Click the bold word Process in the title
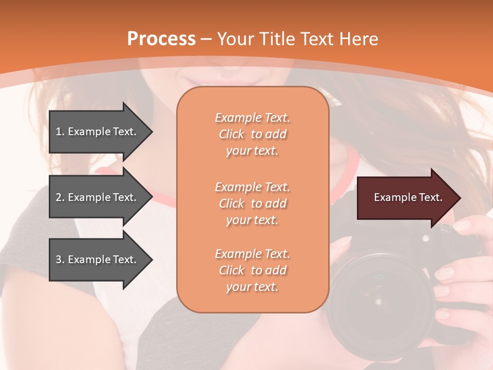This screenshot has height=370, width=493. coord(161,39)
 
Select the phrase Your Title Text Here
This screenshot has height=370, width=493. coord(297,39)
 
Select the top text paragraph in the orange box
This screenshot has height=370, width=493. coord(252,134)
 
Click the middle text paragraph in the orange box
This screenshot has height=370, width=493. coord(252,203)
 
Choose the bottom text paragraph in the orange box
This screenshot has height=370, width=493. coord(252,270)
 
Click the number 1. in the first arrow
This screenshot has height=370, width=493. coord(60,132)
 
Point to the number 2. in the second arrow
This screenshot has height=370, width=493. coord(60,197)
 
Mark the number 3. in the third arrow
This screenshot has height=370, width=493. coord(60,260)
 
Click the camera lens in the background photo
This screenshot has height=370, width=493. coord(377,298)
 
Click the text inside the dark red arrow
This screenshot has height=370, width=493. coord(408,198)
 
